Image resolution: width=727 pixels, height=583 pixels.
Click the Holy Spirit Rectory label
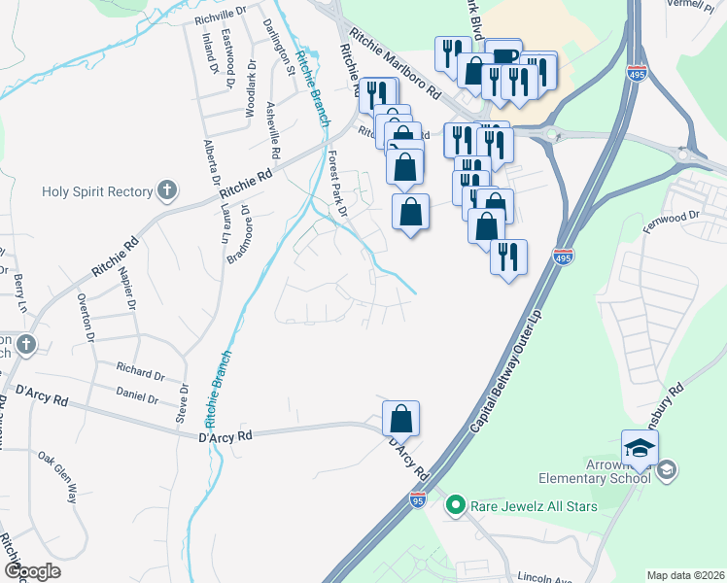tap(97, 190)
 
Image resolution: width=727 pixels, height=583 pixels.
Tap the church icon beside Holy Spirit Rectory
tap(168, 190)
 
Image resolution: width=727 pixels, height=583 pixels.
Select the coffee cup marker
tap(503, 58)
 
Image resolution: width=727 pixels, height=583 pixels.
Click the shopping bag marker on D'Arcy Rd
tap(400, 421)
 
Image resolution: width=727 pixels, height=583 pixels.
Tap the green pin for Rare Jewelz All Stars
tap(454, 504)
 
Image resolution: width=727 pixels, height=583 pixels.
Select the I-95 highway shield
tap(417, 499)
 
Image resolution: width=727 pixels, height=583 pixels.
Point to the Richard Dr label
tap(140, 372)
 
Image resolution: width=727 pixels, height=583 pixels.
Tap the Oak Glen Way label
tap(58, 477)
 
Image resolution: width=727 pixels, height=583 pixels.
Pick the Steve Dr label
tap(182, 402)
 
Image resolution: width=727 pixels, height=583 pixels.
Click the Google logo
tap(32, 571)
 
